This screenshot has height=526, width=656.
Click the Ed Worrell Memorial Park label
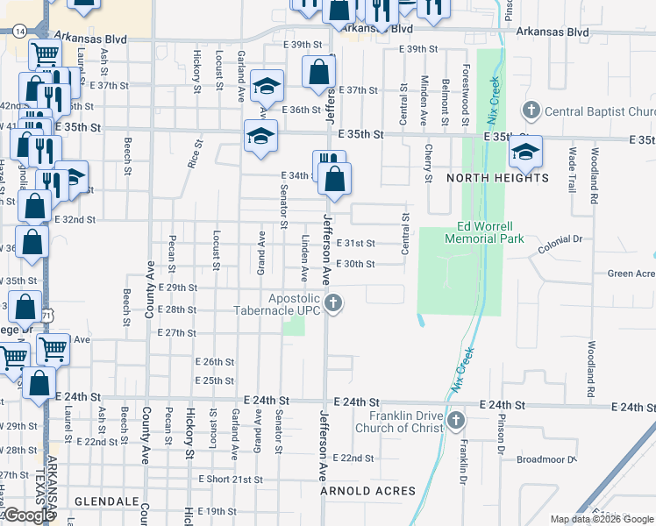[x=484, y=232]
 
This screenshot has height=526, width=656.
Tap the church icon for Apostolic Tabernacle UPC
[x=332, y=304]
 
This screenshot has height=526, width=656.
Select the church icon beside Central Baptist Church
[x=531, y=111]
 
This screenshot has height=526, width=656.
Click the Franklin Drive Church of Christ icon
[x=455, y=422]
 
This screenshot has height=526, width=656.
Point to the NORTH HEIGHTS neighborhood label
[x=498, y=178]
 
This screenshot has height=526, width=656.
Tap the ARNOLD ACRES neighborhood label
[x=367, y=491]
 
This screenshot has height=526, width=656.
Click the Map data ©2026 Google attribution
[x=602, y=519]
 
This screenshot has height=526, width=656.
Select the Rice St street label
[x=195, y=153]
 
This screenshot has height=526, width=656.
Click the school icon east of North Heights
[x=525, y=152]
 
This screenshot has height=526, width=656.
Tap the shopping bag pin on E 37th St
[x=318, y=72]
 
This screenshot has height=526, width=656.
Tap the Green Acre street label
[x=631, y=274]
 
